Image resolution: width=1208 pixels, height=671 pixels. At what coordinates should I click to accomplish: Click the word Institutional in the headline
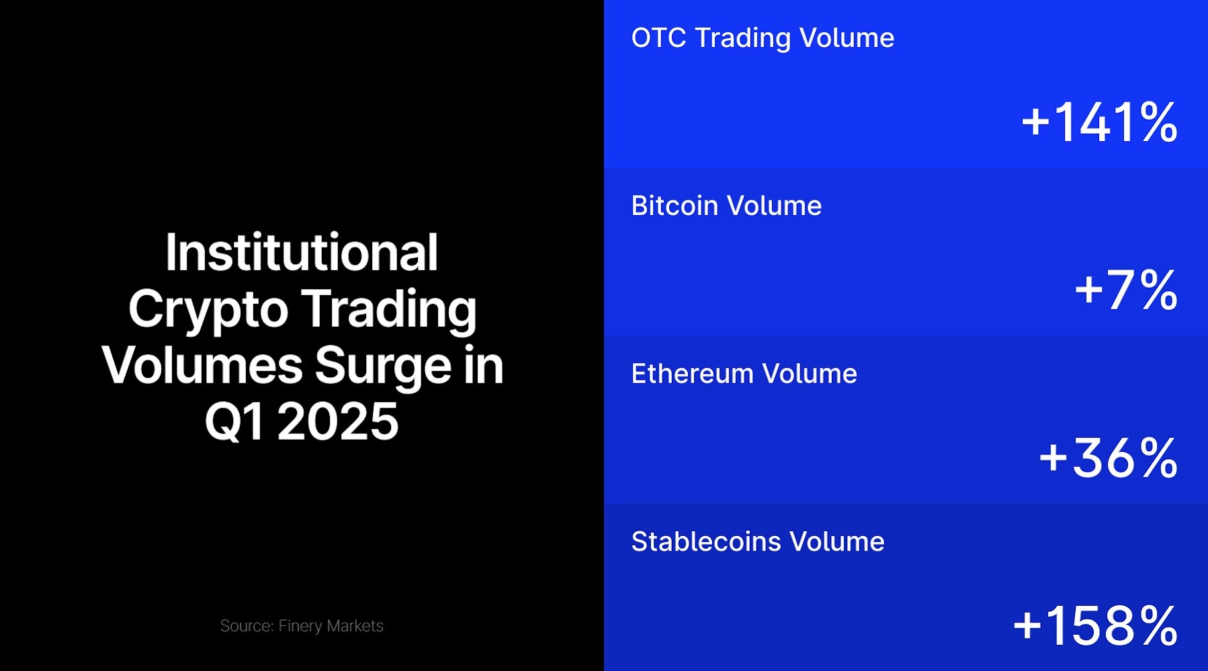point(302,253)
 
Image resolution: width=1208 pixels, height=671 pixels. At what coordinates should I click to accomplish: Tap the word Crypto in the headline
point(208,310)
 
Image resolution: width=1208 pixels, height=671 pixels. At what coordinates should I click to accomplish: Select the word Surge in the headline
point(383,366)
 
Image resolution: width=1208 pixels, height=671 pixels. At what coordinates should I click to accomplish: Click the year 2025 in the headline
point(338,422)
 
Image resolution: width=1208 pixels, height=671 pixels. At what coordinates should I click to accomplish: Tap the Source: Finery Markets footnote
point(302,626)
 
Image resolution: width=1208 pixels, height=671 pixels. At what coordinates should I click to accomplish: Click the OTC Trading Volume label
point(763,38)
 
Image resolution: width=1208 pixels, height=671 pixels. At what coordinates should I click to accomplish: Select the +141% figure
point(1099,122)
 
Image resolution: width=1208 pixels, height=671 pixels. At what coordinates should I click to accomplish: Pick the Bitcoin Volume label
point(726,206)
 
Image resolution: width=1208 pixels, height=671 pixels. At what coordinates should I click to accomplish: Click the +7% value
point(1126,290)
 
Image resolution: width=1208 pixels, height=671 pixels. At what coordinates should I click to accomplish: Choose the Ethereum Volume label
point(744,374)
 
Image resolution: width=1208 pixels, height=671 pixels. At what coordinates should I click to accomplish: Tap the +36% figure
point(1108,459)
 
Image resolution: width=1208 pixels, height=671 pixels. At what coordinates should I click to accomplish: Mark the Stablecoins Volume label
point(758,542)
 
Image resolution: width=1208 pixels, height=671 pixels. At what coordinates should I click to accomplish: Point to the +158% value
point(1095,626)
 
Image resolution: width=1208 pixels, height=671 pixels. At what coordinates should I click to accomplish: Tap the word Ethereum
point(692,374)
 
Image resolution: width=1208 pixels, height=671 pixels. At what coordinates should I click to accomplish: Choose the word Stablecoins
point(706,542)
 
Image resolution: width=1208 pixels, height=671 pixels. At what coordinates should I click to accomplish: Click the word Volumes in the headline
point(202,366)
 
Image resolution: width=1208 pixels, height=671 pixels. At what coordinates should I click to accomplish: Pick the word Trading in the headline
point(388,310)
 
